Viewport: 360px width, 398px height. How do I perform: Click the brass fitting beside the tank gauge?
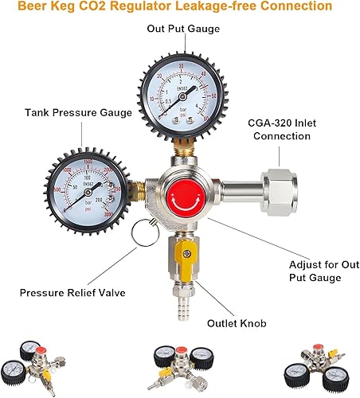(x=142, y=189)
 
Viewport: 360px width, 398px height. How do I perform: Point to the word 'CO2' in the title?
(x=98, y=6)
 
